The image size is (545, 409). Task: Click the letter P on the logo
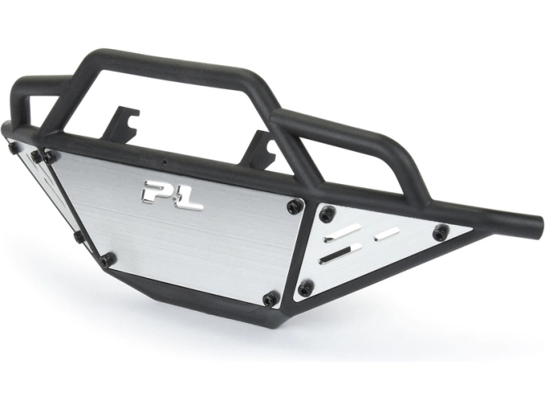coord(156,191)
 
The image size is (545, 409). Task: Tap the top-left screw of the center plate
coord(49,157)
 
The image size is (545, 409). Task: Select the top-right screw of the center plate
coord(295,206)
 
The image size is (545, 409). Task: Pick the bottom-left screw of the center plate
coord(108,258)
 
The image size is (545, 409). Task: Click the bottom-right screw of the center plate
coord(270,299)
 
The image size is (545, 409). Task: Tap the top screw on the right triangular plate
coord(327,213)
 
